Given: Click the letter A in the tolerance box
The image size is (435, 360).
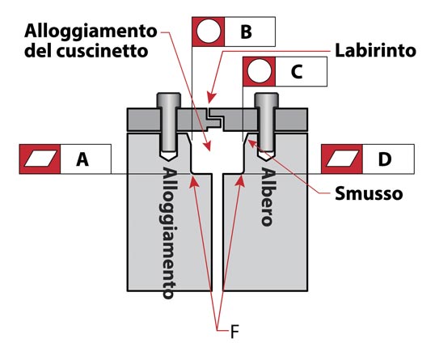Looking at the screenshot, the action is coord(82,159).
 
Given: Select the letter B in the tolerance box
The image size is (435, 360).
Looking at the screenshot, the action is coord(246,32).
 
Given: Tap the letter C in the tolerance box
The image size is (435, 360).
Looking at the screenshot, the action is coord(297,72).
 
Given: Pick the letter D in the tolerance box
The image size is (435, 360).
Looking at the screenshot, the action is coord(385,159).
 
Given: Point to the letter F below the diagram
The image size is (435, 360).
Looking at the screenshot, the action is coord(234,332).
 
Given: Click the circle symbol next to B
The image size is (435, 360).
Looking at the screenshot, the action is coord(209,32).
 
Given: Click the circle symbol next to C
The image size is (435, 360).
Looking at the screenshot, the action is coord(259,71).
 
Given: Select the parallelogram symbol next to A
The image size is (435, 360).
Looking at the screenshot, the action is coord(40,159).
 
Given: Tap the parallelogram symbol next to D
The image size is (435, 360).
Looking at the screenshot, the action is coord(342,159).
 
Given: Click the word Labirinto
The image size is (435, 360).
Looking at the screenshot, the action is coord(376,51).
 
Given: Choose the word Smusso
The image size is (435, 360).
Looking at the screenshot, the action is coord(369,193).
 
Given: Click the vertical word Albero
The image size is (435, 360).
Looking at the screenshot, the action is coord(268,197).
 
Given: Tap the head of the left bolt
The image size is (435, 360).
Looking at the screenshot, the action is coord(169,100).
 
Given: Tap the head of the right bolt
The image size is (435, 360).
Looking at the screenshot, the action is coord(267,100).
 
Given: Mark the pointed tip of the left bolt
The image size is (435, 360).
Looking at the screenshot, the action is coord(169,160).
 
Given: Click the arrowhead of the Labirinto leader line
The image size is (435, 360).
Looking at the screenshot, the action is coord(211,99).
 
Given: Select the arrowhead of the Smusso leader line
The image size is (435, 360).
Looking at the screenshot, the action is coord(252,144).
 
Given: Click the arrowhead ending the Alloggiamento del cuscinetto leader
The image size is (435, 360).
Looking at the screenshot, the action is coord(207,146).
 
